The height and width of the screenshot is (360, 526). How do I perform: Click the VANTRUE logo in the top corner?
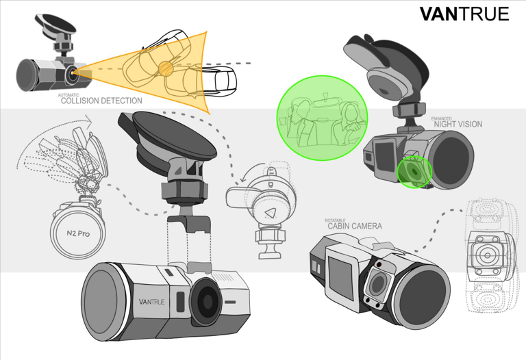point(464,14)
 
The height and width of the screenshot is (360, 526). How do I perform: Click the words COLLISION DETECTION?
point(101,101)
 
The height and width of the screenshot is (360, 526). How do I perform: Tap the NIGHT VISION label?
point(458,124)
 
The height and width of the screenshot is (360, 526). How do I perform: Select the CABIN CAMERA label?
point(355,227)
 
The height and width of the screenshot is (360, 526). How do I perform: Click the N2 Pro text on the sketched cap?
point(78,233)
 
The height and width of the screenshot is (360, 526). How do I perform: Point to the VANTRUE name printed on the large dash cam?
point(151,302)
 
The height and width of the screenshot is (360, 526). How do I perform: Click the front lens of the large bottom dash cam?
point(206,302)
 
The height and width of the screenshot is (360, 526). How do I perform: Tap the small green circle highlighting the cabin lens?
point(414,172)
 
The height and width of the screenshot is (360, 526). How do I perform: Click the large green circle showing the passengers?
point(322,118)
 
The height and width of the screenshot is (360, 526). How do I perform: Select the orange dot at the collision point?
point(165,68)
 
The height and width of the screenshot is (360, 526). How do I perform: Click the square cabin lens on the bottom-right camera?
point(377,283)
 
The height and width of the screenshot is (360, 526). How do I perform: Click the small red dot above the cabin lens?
point(379,265)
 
